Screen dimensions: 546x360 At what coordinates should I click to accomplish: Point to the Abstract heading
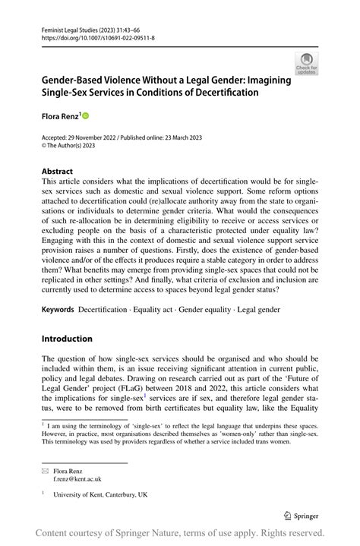pyautogui.click(x=57, y=172)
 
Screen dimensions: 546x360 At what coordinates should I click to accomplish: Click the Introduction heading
pyautogui.click(x=67, y=338)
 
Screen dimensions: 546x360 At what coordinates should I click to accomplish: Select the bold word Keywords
pyautogui.click(x=58, y=310)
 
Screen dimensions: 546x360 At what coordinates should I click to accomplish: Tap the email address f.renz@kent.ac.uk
pyautogui.click(x=78, y=478)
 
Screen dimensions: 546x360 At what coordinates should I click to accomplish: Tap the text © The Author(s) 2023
pyautogui.click(x=74, y=144)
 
